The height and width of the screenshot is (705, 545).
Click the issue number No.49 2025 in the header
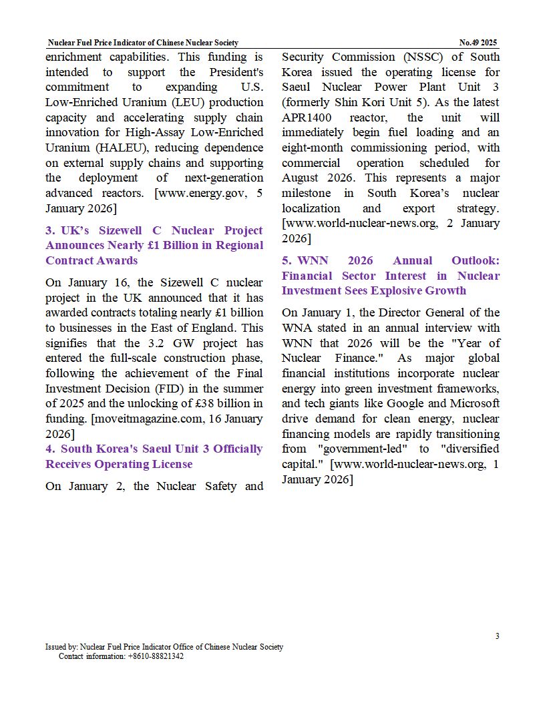(x=478, y=43)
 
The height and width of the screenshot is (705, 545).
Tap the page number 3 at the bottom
(x=497, y=636)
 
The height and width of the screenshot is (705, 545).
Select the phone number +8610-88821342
(x=156, y=656)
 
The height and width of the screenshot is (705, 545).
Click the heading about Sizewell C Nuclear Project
(x=154, y=245)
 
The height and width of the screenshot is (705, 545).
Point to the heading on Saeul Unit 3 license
(x=154, y=456)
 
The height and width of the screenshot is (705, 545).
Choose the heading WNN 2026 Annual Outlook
(x=390, y=275)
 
